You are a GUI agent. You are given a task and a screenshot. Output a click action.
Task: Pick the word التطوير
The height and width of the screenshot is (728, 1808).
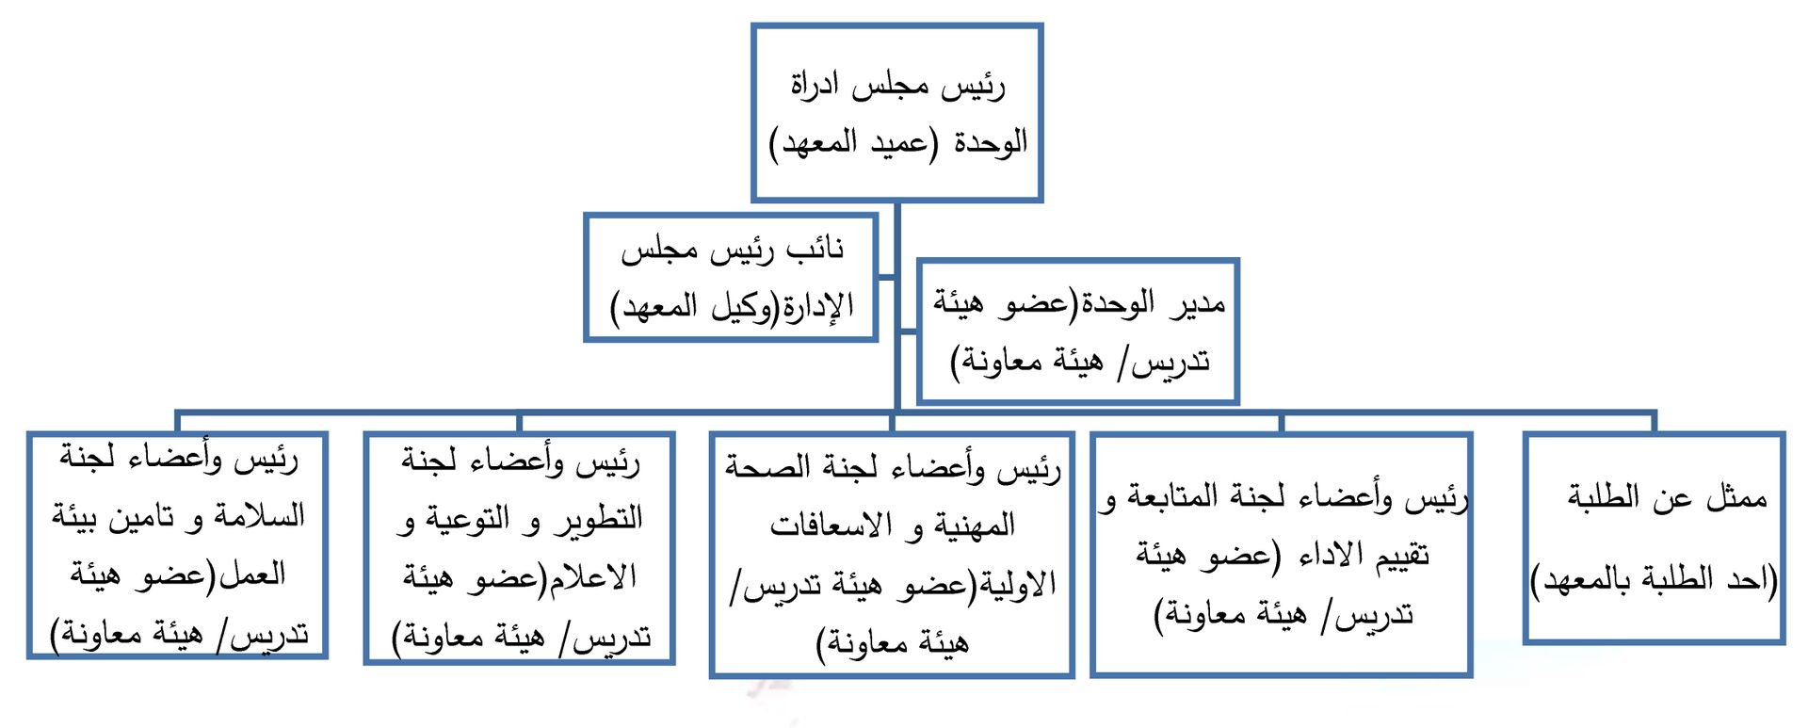pos(599,518)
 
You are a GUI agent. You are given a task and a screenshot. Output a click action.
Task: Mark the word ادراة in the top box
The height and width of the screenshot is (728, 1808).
pos(815,86)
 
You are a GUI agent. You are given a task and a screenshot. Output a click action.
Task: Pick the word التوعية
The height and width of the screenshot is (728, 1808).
pos(467,518)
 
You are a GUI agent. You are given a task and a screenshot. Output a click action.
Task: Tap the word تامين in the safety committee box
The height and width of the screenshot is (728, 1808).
pos(149,515)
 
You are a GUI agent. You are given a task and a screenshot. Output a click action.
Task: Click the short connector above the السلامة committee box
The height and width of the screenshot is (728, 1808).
pos(177,423)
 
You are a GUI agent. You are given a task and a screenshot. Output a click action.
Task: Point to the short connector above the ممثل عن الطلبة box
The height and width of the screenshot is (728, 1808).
pos(1654,423)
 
